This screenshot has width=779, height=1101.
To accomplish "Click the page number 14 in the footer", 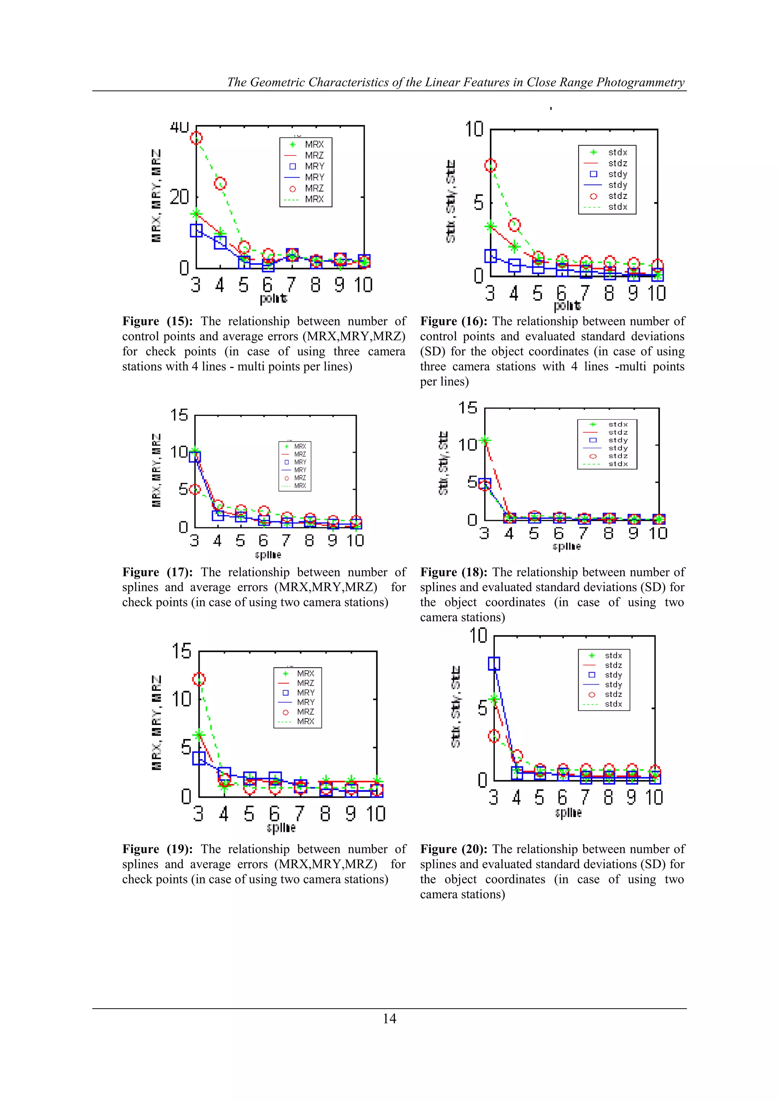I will point(389,1019).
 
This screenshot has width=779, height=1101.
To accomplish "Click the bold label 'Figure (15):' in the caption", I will point(158,321).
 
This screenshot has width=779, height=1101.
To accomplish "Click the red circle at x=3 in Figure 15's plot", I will point(196,138).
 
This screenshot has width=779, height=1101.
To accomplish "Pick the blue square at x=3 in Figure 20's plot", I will point(494,664).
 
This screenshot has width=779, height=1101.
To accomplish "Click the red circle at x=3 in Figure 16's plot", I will point(490,165).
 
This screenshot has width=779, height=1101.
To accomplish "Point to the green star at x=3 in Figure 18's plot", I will point(485,440).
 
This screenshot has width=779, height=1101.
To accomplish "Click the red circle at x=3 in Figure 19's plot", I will point(199,679).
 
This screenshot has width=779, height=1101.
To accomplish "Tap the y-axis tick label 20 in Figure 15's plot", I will point(180,197).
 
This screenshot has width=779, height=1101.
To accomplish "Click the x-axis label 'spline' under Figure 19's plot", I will point(281,828).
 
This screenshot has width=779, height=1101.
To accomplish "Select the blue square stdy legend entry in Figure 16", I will point(593,174).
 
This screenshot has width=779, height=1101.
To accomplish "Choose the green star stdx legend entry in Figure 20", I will point(592,655).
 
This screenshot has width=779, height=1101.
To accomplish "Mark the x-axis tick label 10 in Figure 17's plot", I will point(355,541).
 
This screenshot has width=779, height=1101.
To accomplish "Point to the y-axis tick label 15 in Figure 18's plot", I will point(468,408).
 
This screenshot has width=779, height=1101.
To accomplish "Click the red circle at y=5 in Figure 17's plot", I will point(195,490).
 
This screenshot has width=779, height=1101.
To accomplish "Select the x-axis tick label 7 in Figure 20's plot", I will point(584,798).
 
